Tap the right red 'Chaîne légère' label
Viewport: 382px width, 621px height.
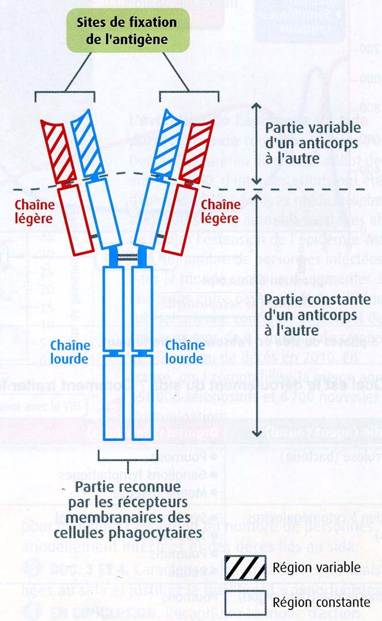[x=219, y=212]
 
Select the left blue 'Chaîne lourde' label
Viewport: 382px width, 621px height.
[x=71, y=352]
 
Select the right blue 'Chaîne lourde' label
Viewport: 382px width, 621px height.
[x=185, y=352]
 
